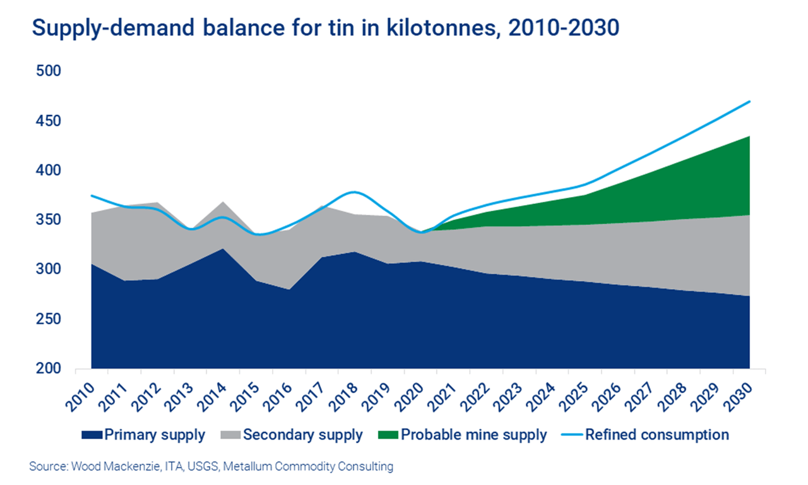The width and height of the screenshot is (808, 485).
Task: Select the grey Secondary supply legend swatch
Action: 230,435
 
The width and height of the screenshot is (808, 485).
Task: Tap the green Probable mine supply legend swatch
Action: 388,435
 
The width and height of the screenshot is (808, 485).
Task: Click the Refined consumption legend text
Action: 656,435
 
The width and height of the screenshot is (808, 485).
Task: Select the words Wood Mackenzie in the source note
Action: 100,467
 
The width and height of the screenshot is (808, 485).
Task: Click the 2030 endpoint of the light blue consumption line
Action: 750,101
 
